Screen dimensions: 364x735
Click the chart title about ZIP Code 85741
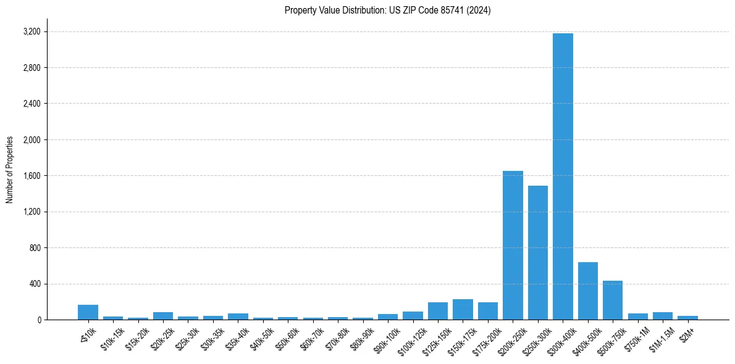point(387,10)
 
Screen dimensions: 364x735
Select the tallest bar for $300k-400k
point(563,176)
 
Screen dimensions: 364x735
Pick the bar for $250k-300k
point(538,253)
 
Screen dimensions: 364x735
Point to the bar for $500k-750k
point(613,300)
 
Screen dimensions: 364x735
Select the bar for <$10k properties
point(88,312)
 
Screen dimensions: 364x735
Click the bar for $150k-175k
point(463,310)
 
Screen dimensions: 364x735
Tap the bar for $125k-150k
point(438,311)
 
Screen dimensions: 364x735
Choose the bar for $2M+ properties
point(687,318)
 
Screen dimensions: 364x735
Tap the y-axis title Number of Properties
point(10,170)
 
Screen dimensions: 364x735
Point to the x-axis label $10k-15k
point(111,339)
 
